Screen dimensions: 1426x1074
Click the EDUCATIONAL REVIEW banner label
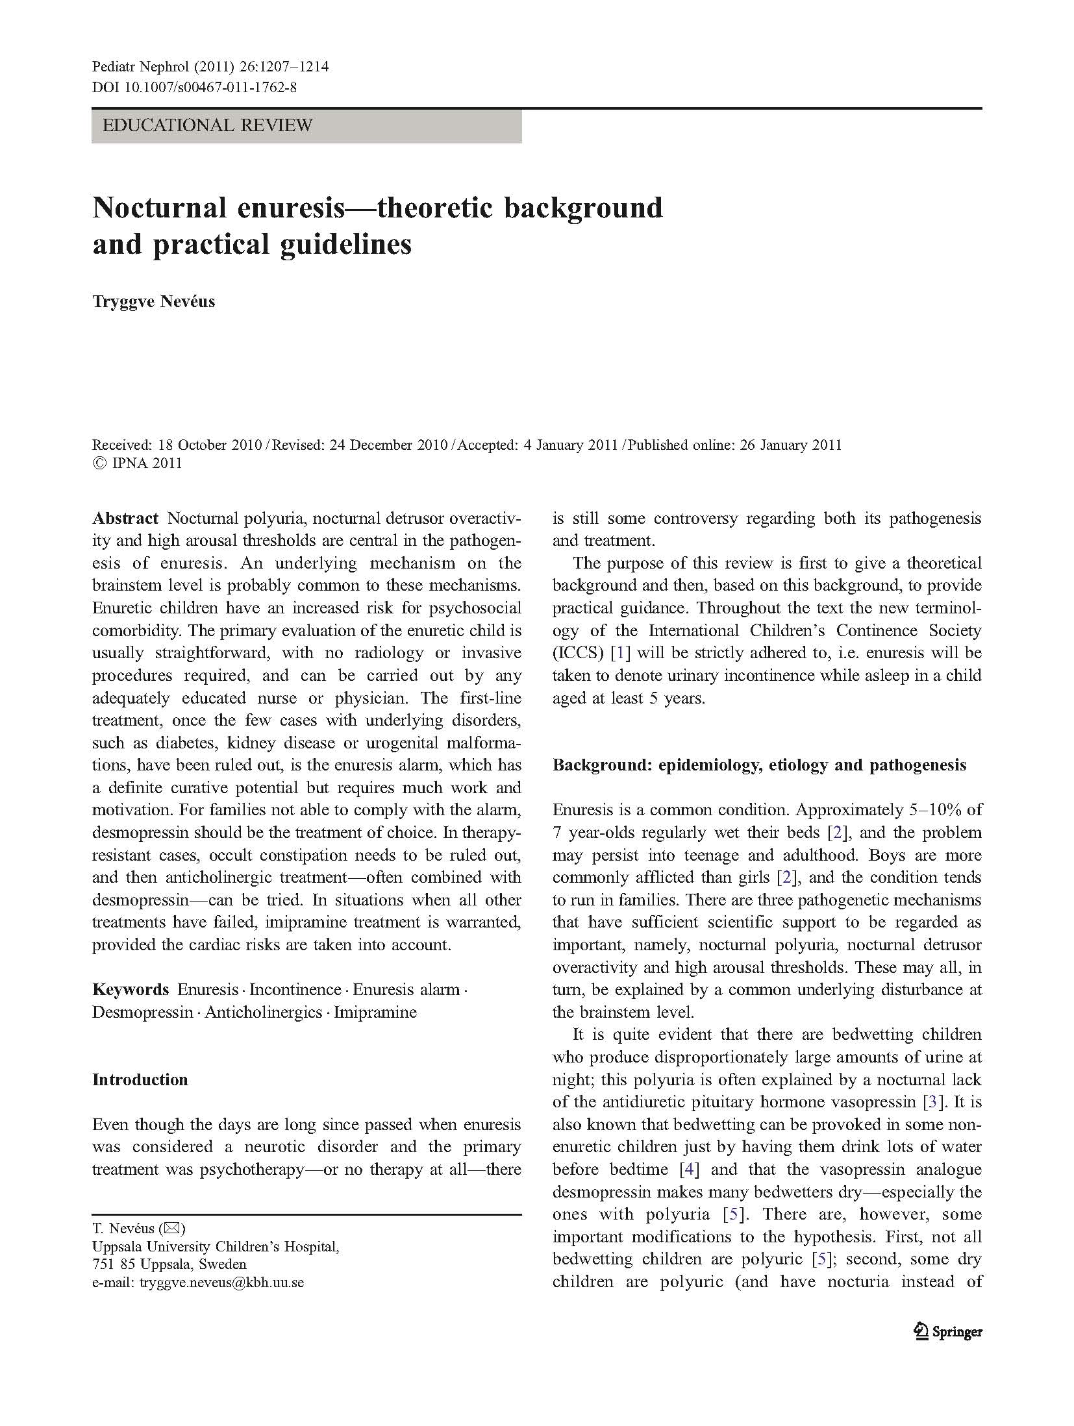click(x=207, y=125)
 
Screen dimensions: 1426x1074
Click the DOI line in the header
click(x=194, y=86)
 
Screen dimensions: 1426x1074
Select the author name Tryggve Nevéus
click(x=153, y=302)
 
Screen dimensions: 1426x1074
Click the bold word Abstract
click(x=125, y=518)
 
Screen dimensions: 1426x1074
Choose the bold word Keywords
click(x=131, y=989)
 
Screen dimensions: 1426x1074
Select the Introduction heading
click(x=140, y=1079)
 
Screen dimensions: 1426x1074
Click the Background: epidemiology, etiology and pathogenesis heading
click(x=759, y=765)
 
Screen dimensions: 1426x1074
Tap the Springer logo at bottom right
click(x=948, y=1332)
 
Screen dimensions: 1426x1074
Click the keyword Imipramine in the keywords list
click(x=375, y=1012)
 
